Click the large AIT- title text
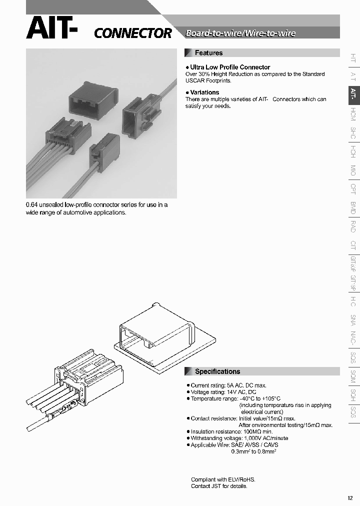coord(52,28)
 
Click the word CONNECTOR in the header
coord(133,33)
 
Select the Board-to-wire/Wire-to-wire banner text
coord(240,33)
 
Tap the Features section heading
coord(208,53)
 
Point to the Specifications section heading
coord(217,371)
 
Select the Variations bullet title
coord(204,92)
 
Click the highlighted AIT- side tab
coord(353,93)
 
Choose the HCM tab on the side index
coord(353,114)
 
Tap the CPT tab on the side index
coord(353,189)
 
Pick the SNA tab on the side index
coord(353,320)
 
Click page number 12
coord(349,498)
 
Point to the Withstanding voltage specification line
coord(239,438)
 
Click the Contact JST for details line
coord(219,486)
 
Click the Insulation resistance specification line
coord(231,431)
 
